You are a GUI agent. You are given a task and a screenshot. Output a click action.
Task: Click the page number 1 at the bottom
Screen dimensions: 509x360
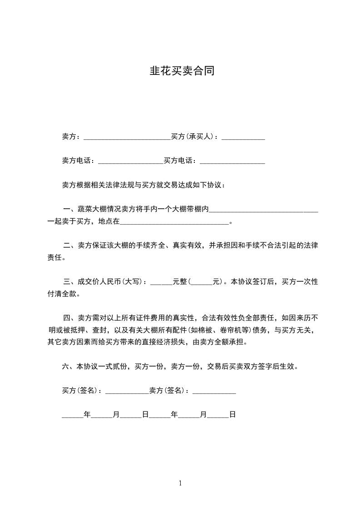[180, 483]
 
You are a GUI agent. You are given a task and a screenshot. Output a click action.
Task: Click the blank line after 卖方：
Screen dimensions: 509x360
[127, 137]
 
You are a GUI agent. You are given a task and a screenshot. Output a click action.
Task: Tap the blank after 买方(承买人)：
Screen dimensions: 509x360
[243, 137]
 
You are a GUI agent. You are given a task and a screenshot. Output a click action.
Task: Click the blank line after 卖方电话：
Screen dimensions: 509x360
[130, 161]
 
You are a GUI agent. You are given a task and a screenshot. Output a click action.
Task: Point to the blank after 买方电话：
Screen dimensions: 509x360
[232, 161]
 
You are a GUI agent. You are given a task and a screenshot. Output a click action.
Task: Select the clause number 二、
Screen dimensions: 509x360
[69, 245]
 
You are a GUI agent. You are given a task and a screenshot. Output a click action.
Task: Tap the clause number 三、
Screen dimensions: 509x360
[69, 282]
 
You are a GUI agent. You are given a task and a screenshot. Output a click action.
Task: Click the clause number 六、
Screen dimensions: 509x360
[69, 366]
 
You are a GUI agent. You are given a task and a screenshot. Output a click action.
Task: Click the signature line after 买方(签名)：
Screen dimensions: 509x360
[127, 390]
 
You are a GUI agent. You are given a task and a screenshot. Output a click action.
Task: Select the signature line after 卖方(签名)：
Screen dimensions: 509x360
[214, 390]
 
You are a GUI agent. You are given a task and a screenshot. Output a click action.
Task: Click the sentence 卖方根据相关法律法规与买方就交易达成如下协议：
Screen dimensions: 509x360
[143, 185]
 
